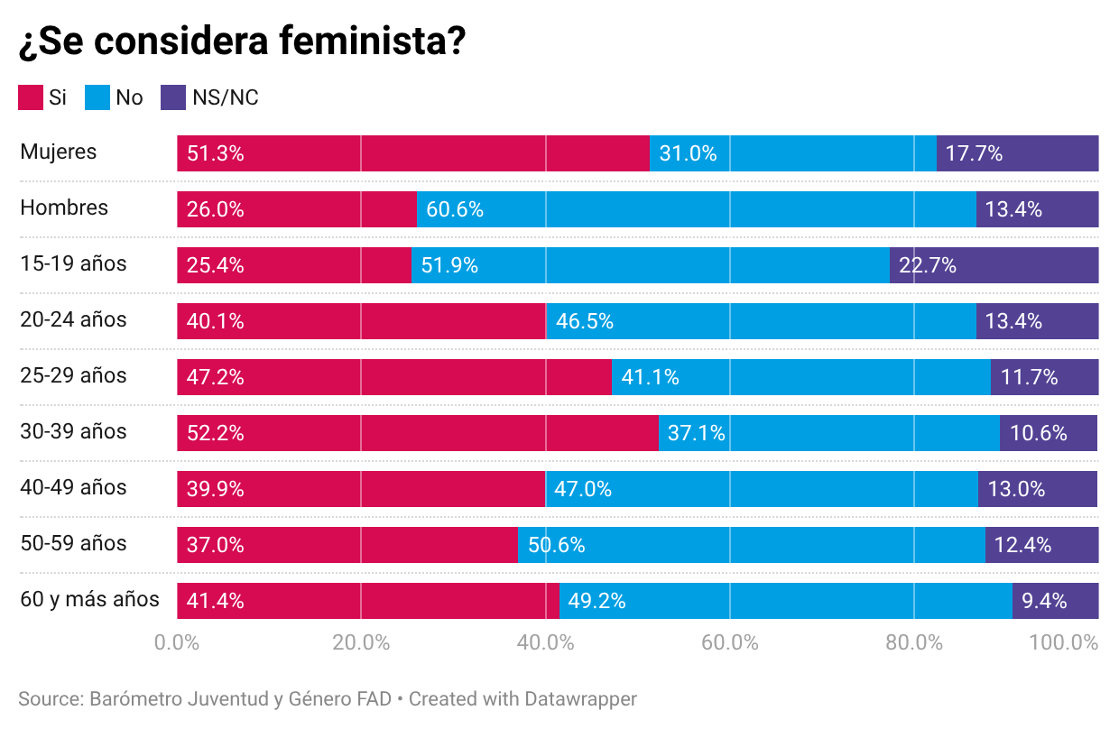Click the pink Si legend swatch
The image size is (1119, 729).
pos(31,97)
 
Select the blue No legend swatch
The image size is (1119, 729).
pos(97,97)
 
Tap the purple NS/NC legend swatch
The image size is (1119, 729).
pos(173,97)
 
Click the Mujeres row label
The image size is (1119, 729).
pos(59,152)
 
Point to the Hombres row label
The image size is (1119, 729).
pos(64,208)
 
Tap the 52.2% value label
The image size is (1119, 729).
pos(216,433)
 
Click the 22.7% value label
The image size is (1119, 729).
pos(928,265)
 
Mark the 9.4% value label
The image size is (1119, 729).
pos(1044,601)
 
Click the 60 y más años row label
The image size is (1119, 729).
pos(89,599)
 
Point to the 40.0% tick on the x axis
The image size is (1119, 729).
pos(547,643)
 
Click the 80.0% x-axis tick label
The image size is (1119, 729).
pos(914,643)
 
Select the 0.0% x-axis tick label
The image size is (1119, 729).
pos(177,643)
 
